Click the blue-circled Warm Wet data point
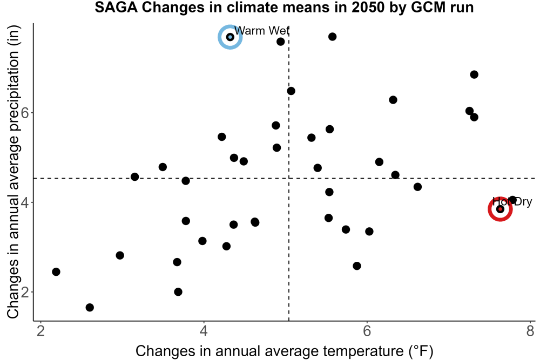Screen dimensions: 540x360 pos(230,37)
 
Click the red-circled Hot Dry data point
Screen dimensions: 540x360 pos(500,209)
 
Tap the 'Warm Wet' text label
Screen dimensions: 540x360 pos(262,31)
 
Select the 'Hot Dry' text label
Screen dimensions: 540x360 pos(512,201)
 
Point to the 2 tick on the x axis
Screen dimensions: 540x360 pos(41,331)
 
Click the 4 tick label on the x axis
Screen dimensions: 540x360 pos(204,331)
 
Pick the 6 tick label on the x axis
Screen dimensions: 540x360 pos(367,331)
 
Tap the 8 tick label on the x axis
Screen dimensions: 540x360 pos(530,331)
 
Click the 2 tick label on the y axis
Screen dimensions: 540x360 pos(25,292)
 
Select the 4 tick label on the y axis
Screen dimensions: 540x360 pos(25,202)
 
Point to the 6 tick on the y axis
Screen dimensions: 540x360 pos(25,113)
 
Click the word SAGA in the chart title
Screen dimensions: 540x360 pos(116,7)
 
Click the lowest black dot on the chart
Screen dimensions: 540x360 pos(90,307)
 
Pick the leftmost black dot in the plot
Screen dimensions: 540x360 pos(56,272)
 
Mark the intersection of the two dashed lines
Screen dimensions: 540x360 pos(288,178)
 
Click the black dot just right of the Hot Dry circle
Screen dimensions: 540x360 pos(512,200)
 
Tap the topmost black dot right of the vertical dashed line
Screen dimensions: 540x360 pos(332,37)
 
